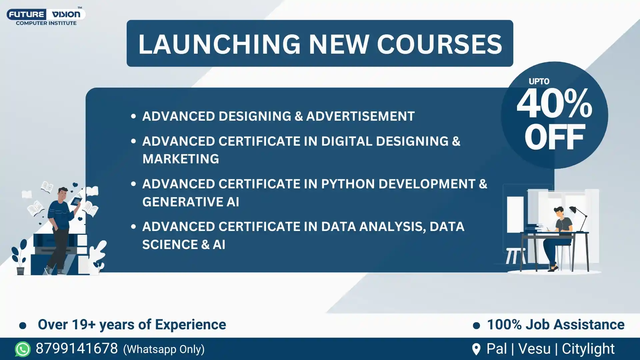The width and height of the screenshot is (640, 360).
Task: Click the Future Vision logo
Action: (x=46, y=16)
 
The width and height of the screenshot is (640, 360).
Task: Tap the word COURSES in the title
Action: (x=439, y=44)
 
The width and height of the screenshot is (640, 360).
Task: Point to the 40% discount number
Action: (x=554, y=104)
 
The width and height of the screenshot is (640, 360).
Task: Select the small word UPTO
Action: (x=539, y=81)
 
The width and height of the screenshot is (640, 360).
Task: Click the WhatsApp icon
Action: (x=23, y=349)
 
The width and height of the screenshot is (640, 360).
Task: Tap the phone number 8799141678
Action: (x=77, y=349)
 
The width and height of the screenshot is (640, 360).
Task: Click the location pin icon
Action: (x=476, y=349)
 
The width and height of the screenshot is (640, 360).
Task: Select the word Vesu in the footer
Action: (x=534, y=349)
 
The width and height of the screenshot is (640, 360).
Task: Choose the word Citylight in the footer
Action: (x=588, y=349)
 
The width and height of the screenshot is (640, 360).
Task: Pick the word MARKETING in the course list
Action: (x=181, y=159)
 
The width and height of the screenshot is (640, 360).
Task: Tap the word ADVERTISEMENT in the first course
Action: (x=360, y=116)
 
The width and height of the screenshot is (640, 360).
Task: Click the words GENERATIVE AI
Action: (x=191, y=202)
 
